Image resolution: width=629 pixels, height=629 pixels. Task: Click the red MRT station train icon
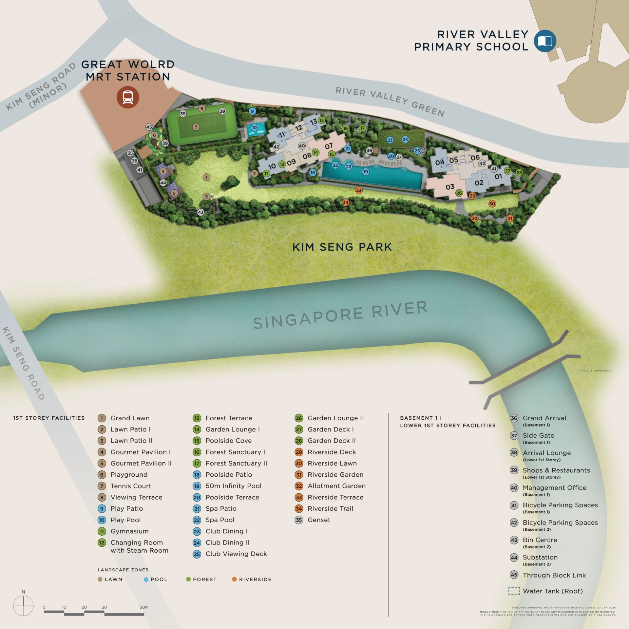(128, 97)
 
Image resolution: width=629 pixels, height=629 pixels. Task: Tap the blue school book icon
(545, 41)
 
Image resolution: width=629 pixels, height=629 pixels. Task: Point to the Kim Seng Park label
(342, 247)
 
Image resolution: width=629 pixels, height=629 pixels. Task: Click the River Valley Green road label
(390, 101)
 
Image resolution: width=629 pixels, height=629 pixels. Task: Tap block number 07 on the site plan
(329, 146)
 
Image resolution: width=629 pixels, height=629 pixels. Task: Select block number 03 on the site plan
(450, 187)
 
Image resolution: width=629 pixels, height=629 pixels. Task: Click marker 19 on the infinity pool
(366, 172)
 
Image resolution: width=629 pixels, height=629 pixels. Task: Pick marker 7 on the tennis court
(196, 127)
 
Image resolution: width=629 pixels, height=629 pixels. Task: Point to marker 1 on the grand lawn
(206, 177)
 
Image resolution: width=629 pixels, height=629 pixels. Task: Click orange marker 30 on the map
(492, 204)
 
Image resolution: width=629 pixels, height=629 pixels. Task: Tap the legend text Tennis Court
(131, 486)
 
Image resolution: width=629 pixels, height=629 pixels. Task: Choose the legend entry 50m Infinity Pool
(233, 486)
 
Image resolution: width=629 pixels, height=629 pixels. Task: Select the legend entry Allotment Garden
(336, 486)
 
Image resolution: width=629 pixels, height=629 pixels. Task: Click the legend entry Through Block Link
(554, 575)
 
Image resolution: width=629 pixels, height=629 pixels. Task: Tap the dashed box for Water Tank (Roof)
(514, 591)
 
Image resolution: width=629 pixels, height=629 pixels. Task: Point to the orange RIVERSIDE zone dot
(234, 579)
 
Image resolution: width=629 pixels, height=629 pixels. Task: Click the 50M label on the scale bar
(144, 607)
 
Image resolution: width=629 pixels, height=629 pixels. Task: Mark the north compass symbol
(23, 605)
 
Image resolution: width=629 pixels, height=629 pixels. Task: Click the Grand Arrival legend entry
(544, 418)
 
